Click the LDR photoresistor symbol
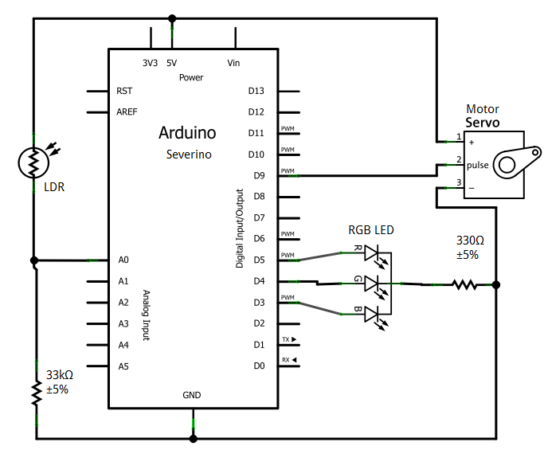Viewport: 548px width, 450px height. [33, 163]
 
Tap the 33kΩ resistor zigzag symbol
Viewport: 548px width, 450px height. [35, 392]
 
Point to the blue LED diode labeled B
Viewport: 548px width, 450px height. [374, 315]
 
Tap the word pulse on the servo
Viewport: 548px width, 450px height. [478, 165]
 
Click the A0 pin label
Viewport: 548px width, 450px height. [123, 260]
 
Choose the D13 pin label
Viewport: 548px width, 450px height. [256, 91]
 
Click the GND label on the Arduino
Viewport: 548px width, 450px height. [192, 395]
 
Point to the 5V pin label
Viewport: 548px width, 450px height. [171, 63]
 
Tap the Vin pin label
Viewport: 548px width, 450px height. [234, 63]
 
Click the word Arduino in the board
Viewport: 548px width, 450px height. [187, 133]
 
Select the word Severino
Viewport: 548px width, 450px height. [189, 155]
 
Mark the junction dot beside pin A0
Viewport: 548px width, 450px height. [34, 260]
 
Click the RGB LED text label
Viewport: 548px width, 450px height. [370, 230]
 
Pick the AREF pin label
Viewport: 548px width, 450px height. [127, 112]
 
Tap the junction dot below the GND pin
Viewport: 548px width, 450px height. [193, 438]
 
